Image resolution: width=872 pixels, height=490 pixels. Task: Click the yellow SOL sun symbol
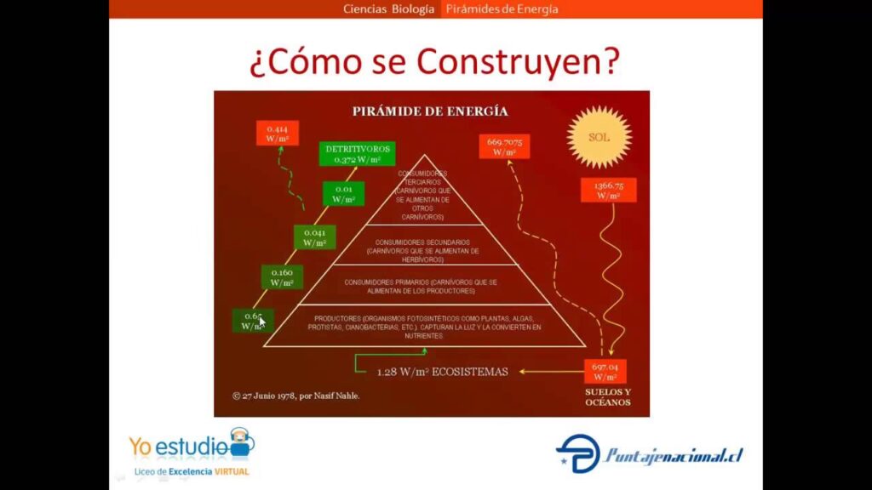tap(599, 137)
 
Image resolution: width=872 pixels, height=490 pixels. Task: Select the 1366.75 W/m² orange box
tap(608, 190)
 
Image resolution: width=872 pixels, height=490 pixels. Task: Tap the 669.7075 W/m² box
tap(504, 146)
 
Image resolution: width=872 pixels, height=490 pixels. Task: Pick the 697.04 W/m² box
tap(605, 372)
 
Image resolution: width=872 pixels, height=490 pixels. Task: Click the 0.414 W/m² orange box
tap(278, 134)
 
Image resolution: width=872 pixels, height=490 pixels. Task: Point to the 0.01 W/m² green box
tap(342, 193)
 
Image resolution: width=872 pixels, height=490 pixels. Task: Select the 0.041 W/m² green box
tap(314, 236)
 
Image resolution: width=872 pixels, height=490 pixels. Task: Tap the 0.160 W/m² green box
tap(282, 276)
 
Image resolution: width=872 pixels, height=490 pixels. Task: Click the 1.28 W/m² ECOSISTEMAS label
tap(442, 371)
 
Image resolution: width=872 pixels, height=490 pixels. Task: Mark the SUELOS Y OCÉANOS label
tap(608, 396)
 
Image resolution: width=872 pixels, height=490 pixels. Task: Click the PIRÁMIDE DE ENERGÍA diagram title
tap(431, 111)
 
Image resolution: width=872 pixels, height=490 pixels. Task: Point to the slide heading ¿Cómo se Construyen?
tap(433, 61)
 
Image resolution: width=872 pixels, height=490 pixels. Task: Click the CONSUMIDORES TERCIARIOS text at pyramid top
tap(422, 195)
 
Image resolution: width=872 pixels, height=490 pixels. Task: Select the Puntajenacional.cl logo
tap(650, 454)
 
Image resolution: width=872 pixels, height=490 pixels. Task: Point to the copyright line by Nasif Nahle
tap(295, 396)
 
